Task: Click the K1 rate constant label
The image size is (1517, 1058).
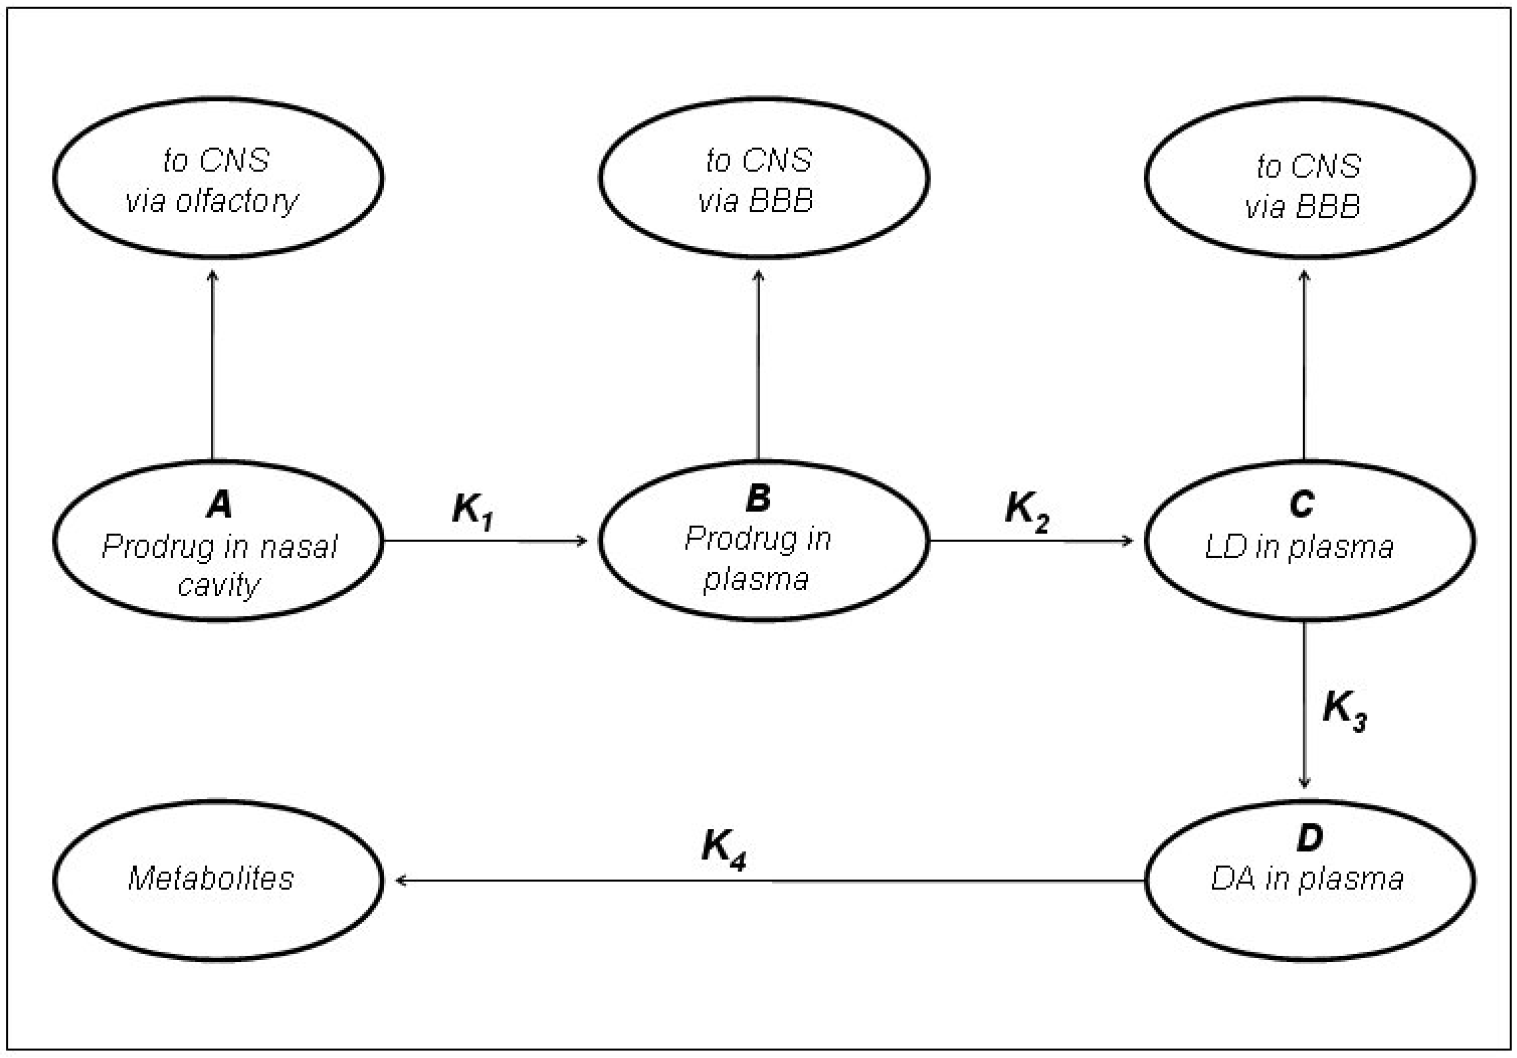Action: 472,511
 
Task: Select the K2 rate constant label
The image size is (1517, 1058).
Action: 1026,511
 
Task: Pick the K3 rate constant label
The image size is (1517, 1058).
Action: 1343,710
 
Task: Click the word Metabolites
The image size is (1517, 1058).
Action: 211,879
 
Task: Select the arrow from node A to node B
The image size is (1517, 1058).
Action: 486,541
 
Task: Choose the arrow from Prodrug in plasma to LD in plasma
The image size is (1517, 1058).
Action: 1031,541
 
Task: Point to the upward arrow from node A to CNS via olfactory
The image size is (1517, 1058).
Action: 213,363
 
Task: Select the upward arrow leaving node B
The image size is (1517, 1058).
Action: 758,363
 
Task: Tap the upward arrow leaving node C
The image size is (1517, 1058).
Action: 1304,363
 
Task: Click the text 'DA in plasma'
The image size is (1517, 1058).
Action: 1307,880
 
